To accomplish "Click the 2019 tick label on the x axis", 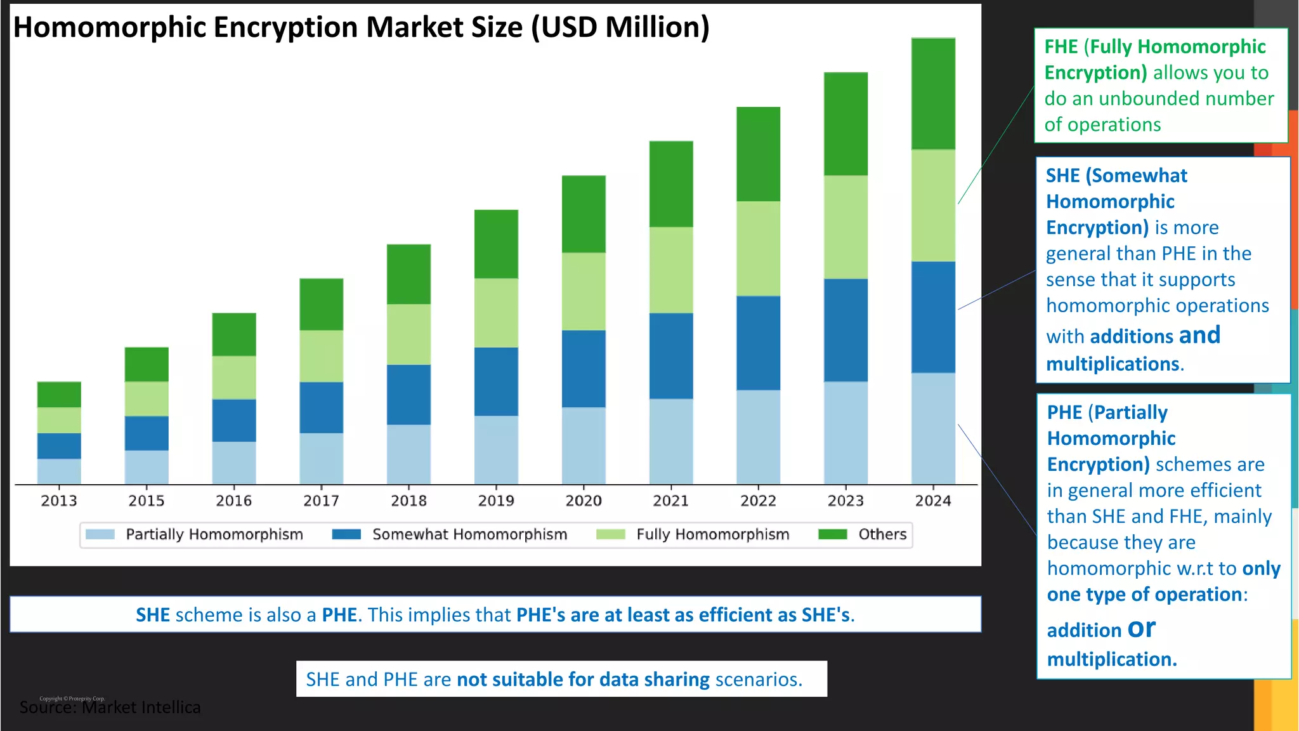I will pyautogui.click(x=496, y=501).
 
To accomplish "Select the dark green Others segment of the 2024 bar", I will pyautogui.click(x=933, y=94).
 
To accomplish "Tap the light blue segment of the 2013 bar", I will pyautogui.click(x=59, y=471).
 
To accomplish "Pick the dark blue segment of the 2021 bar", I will pyautogui.click(x=671, y=355).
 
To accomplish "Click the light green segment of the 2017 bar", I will pyautogui.click(x=322, y=355).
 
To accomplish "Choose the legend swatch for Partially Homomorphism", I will pyautogui.click(x=100, y=534).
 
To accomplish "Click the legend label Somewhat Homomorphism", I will pyautogui.click(x=469, y=534).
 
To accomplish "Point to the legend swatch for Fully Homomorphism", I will pyautogui.click(x=611, y=534).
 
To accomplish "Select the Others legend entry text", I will pyautogui.click(x=882, y=534).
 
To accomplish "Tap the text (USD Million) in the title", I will pyautogui.click(x=620, y=27).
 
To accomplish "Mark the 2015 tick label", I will pyautogui.click(x=147, y=501).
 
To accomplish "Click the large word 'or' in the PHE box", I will pyautogui.click(x=1142, y=628).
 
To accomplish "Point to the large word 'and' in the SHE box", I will pyautogui.click(x=1199, y=335).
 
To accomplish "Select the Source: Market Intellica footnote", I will pyautogui.click(x=110, y=707).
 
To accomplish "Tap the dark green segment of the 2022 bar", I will pyautogui.click(x=759, y=154).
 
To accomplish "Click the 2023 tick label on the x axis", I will pyautogui.click(x=845, y=501).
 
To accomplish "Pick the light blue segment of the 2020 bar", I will pyautogui.click(x=584, y=445).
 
